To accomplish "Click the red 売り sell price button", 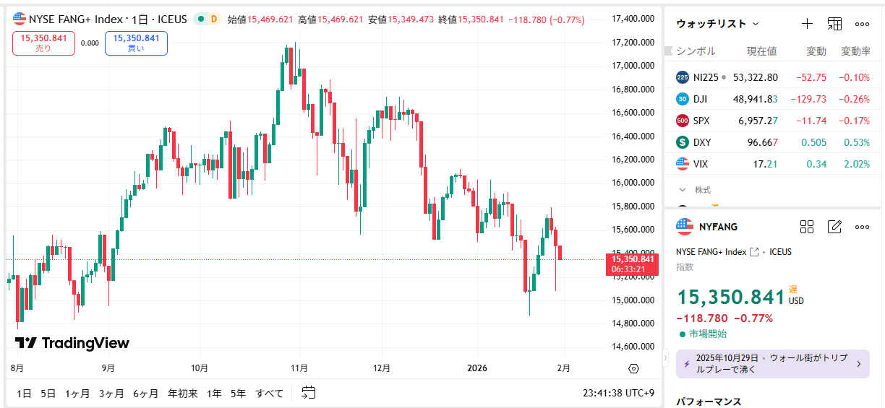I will pyautogui.click(x=44, y=43).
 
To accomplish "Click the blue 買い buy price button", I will pyautogui.click(x=136, y=43).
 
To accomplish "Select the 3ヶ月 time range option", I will pyautogui.click(x=111, y=394).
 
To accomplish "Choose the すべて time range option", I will pyautogui.click(x=269, y=394).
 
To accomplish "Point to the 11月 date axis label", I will pyautogui.click(x=299, y=368).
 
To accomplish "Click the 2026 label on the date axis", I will pyautogui.click(x=477, y=368).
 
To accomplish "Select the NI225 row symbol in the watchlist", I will pyautogui.click(x=706, y=77).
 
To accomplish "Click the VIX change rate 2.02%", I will pyautogui.click(x=857, y=164).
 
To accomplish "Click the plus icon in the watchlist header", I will pyautogui.click(x=808, y=24).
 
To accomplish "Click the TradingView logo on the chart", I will pyautogui.click(x=72, y=343).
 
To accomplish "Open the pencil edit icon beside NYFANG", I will pyautogui.click(x=834, y=227).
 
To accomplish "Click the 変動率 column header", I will pyautogui.click(x=855, y=51).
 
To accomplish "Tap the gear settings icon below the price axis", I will pyautogui.click(x=634, y=368).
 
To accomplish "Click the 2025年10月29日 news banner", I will pyautogui.click(x=773, y=363).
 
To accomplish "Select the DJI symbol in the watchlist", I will pyautogui.click(x=700, y=99).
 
